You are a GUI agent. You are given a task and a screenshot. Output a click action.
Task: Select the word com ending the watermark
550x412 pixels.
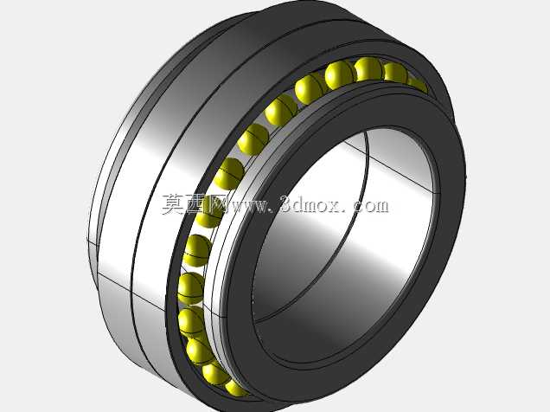[371, 206]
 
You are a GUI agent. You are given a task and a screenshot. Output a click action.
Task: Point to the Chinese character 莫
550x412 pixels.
[173, 204]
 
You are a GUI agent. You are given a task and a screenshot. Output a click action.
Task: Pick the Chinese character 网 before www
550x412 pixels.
[217, 204]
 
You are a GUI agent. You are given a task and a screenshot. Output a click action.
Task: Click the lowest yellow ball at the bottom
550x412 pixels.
[236, 388]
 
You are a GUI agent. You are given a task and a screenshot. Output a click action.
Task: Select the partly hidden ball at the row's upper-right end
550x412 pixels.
[418, 84]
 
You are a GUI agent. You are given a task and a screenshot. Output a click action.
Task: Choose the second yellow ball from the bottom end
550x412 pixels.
[214, 373]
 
